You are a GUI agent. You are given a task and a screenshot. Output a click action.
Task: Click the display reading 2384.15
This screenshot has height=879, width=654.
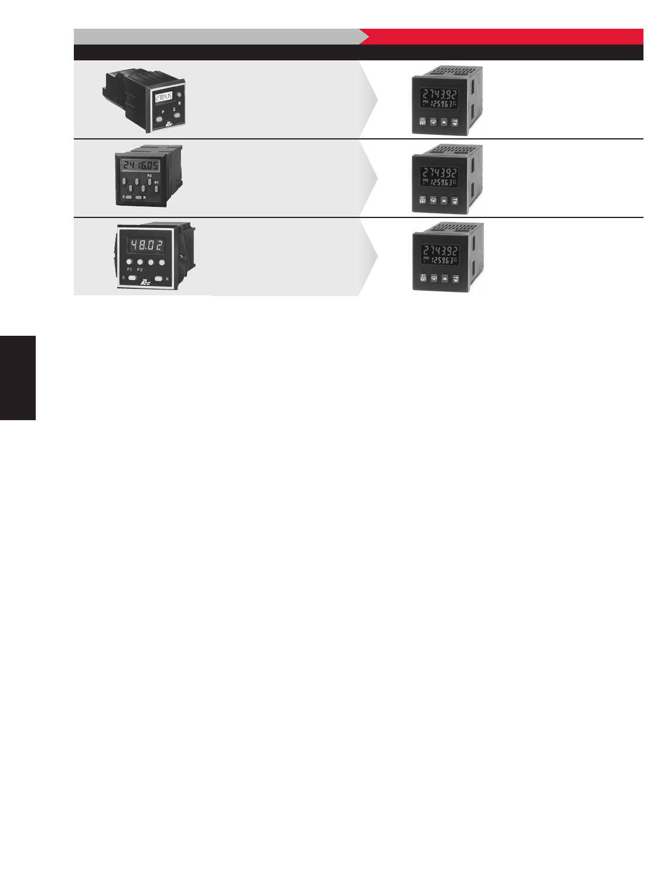pyautogui.click(x=164, y=97)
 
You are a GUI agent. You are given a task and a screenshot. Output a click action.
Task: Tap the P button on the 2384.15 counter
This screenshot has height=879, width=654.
pyautogui.click(x=159, y=119)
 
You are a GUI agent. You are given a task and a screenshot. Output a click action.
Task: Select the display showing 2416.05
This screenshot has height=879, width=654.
pyautogui.click(x=140, y=166)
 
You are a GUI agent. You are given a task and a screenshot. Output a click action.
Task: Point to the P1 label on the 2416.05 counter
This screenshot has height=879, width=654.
pyautogui.click(x=156, y=182)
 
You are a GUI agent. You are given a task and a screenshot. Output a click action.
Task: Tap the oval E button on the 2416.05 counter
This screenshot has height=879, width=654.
pyautogui.click(x=128, y=197)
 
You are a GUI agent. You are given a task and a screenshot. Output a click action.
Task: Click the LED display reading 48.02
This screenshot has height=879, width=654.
pyautogui.click(x=147, y=245)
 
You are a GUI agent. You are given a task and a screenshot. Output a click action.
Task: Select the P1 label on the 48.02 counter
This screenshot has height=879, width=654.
pyautogui.click(x=130, y=269)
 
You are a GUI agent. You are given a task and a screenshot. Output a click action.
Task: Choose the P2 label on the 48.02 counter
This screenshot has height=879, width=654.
pyautogui.click(x=139, y=269)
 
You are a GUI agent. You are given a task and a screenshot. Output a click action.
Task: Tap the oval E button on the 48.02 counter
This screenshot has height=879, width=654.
pyautogui.click(x=132, y=278)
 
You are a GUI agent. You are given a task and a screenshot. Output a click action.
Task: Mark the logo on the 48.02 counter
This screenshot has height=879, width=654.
pyautogui.click(x=144, y=282)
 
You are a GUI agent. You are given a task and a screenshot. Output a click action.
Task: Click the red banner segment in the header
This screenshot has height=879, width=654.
pyautogui.click(x=504, y=36)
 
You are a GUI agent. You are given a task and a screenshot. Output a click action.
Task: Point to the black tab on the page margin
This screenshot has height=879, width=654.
pyautogui.click(x=18, y=377)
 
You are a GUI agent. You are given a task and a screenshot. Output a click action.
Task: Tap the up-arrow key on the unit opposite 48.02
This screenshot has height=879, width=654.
pyautogui.click(x=444, y=278)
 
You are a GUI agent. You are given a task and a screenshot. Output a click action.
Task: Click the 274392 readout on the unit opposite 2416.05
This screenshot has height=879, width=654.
pyautogui.click(x=441, y=172)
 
